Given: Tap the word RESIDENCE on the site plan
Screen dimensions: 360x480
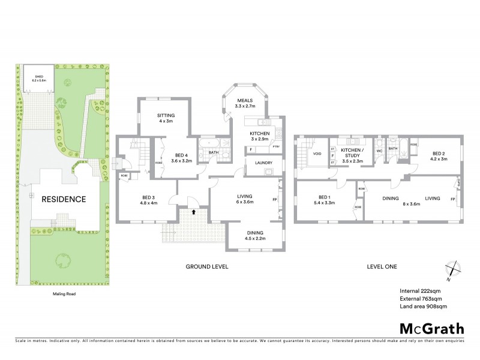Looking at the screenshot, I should (64, 199).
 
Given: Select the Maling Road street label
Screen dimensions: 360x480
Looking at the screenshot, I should (63, 294).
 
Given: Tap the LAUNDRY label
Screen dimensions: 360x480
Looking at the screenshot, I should (264, 163).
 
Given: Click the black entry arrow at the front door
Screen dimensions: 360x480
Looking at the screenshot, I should (194, 211).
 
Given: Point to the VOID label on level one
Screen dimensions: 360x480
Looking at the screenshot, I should (317, 154).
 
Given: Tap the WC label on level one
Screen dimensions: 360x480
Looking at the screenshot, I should (379, 151).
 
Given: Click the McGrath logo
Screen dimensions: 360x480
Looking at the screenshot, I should (432, 328).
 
